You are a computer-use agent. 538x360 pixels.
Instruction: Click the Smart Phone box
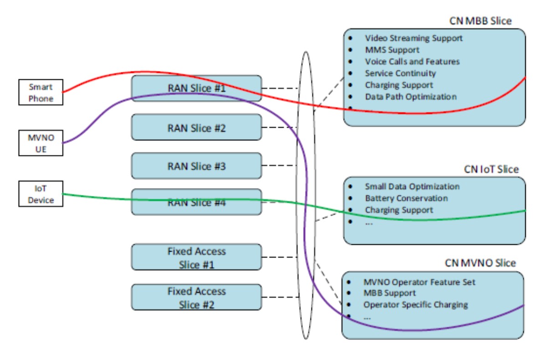[x=41, y=92]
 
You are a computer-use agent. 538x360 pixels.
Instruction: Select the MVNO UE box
[x=41, y=143]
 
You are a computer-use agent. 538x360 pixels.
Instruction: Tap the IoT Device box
[x=41, y=194]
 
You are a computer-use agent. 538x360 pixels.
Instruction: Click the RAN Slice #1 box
[x=197, y=88]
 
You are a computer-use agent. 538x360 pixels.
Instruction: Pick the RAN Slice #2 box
[x=197, y=127]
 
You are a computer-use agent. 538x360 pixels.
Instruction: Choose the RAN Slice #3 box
[x=197, y=166]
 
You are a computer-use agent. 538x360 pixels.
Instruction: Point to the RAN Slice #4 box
[x=197, y=202]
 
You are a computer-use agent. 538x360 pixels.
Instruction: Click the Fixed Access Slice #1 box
[x=197, y=257]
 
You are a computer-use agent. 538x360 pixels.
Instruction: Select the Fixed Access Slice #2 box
[x=197, y=298]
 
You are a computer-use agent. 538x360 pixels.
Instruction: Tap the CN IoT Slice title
[x=491, y=170]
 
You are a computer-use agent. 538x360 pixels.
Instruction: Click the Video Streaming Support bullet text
[x=414, y=38]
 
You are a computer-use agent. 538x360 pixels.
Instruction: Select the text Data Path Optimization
[x=410, y=97]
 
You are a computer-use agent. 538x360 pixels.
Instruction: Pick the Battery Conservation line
[x=406, y=198]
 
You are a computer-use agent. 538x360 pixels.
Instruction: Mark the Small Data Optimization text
[x=412, y=186]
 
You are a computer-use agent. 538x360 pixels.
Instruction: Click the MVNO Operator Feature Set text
[x=419, y=282]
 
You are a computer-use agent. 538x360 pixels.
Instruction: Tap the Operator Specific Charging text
[x=415, y=304]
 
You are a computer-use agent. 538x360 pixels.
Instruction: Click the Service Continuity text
[x=400, y=73]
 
